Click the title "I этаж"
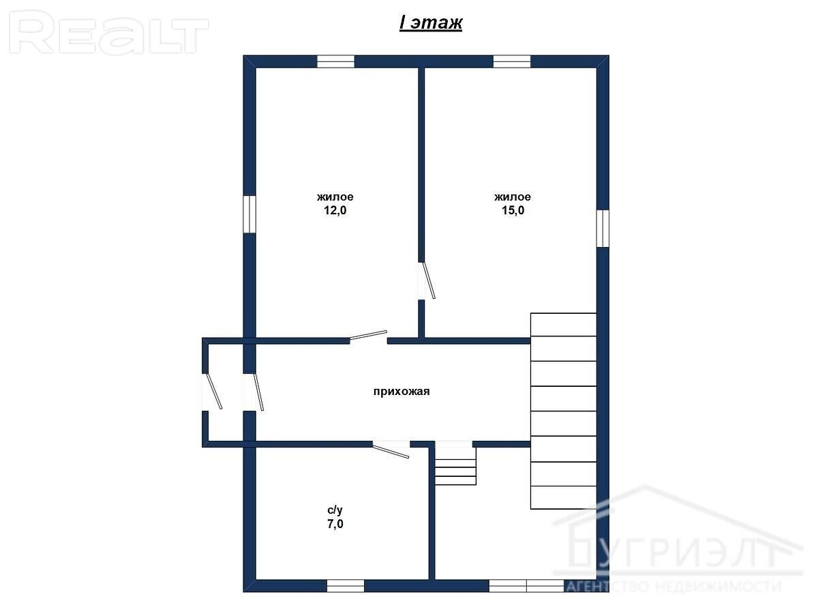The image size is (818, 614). point(430,23)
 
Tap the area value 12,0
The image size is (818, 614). point(335,210)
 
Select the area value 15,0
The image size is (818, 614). point(513,210)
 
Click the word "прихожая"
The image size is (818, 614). point(402,391)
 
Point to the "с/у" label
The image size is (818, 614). point(335,510)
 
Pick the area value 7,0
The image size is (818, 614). point(335,524)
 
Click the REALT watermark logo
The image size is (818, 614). point(108,33)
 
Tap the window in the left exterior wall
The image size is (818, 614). point(249,214)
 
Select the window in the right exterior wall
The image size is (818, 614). point(603,228)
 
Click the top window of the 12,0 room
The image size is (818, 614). point(335,61)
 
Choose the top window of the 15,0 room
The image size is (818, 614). point(512,61)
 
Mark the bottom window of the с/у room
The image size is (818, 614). point(346,585)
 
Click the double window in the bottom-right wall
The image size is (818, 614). point(526,585)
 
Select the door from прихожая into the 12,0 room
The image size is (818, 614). point(369,336)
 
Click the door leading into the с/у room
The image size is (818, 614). point(391,450)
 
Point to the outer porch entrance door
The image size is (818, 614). point(213,391)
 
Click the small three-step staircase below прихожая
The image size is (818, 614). point(455,467)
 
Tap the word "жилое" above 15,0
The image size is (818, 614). point(513,196)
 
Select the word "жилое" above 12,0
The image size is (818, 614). point(335,196)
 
